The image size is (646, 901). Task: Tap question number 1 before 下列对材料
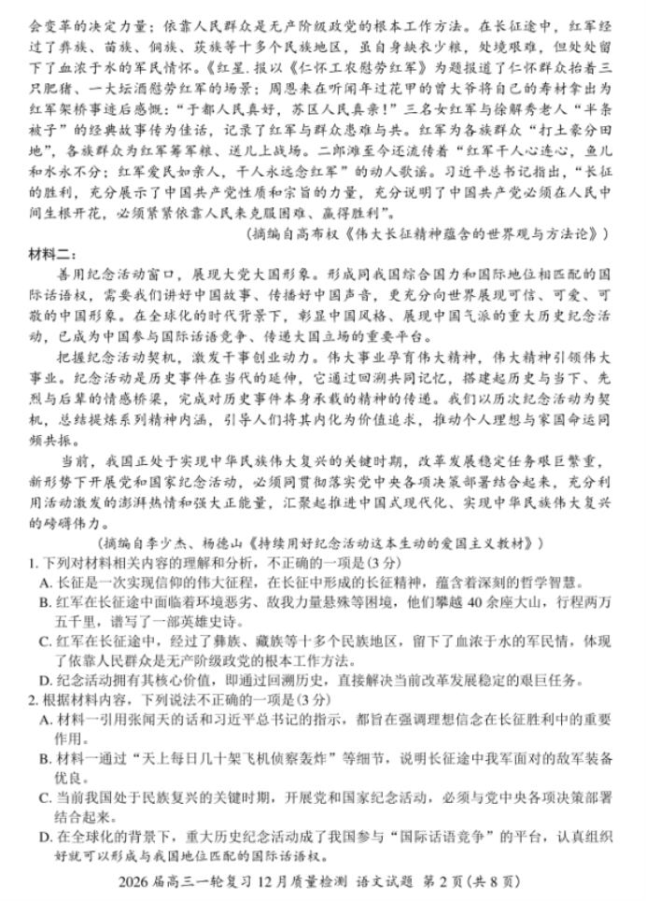[29, 562]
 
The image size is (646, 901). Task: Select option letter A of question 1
[45, 582]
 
